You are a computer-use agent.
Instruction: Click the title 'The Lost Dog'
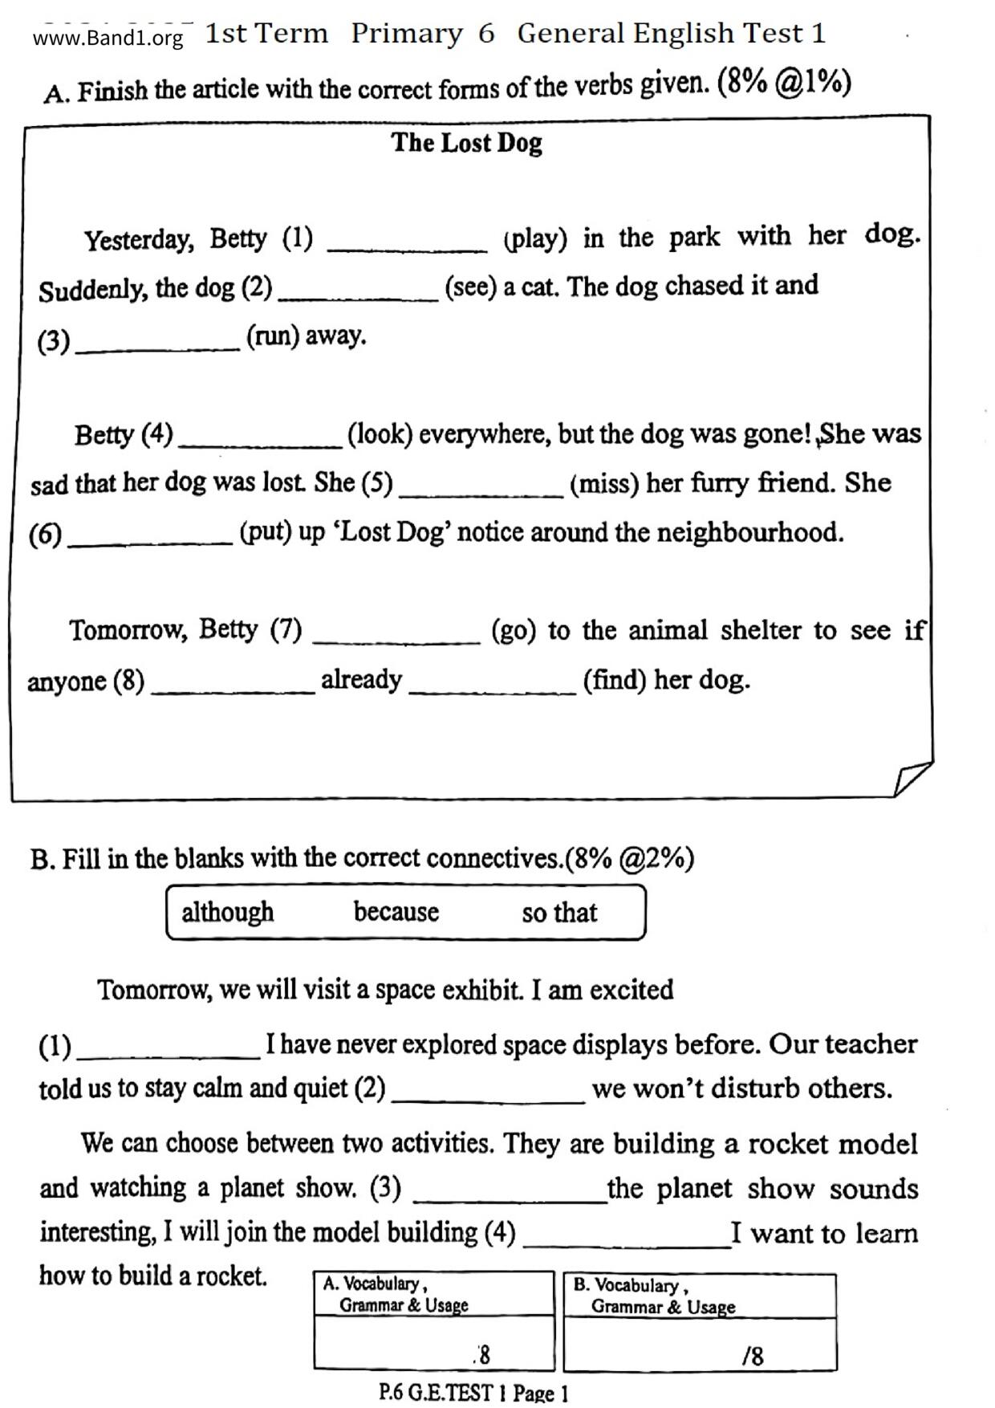pyautogui.click(x=466, y=143)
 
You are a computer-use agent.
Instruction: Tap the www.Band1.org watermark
pyautogui.click(x=108, y=38)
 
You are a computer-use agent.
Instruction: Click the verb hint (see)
pyautogui.click(x=470, y=287)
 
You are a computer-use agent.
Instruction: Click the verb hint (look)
pyautogui.click(x=380, y=434)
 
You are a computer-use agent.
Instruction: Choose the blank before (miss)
pyautogui.click(x=481, y=490)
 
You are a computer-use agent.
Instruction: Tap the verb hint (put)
pyautogui.click(x=266, y=533)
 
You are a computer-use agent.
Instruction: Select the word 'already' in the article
pyautogui.click(x=361, y=680)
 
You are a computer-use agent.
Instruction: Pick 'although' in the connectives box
pyautogui.click(x=227, y=913)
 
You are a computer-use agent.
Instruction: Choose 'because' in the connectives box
pyautogui.click(x=396, y=913)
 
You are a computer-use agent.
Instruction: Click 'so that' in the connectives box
pyautogui.click(x=559, y=913)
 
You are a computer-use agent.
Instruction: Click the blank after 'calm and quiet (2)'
pyautogui.click(x=488, y=1096)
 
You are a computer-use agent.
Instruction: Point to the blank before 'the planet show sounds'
pyautogui.click(x=510, y=1195)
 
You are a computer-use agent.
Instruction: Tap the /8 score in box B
pyautogui.click(x=753, y=1357)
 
